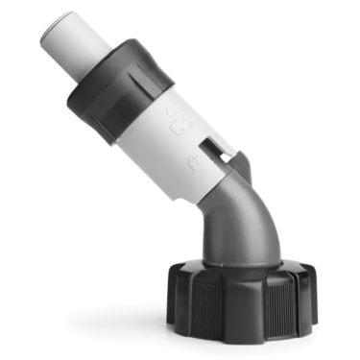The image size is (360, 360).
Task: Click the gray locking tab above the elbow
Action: pyautogui.click(x=241, y=163)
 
